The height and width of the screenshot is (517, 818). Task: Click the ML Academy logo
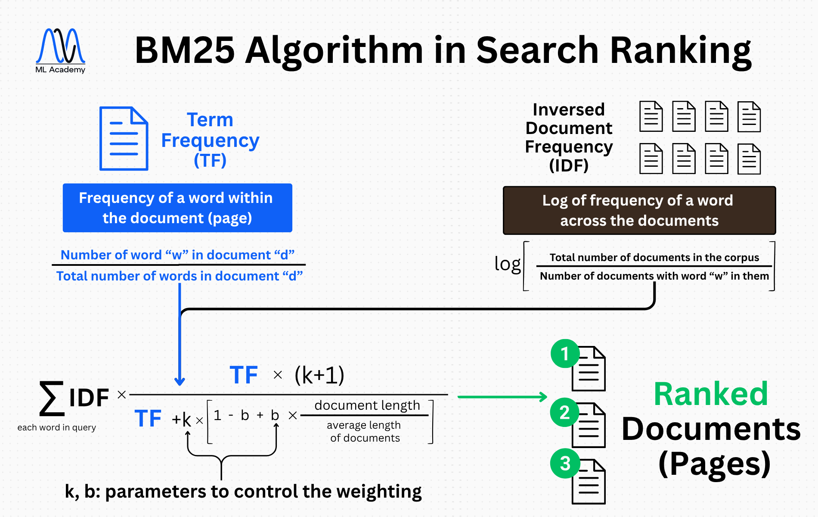point(60,50)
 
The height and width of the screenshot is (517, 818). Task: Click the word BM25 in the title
point(185,50)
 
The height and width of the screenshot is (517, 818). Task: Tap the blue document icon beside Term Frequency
point(124,138)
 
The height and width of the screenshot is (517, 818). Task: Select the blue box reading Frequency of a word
point(177,208)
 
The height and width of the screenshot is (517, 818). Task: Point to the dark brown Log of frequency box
point(639,210)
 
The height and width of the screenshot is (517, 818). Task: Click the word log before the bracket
point(507,264)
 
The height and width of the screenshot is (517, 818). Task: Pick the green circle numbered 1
point(565,354)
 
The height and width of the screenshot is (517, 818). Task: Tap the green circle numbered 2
point(564,412)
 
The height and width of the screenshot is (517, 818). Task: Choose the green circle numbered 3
point(565,464)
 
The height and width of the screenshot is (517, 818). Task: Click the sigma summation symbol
point(52,398)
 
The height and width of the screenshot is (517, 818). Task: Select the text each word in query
point(56,427)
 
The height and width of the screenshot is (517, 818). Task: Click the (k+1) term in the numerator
point(319,375)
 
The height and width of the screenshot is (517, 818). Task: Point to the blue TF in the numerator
point(244,375)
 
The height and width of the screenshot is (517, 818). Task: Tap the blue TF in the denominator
point(148,419)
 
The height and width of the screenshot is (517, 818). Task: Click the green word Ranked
point(711,394)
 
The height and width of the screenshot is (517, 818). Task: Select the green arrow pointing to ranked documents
point(502,397)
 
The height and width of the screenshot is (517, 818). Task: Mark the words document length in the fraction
point(367,405)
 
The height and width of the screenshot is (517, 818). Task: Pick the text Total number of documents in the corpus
point(654,258)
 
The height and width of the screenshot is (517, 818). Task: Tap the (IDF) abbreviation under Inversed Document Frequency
point(569,165)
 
